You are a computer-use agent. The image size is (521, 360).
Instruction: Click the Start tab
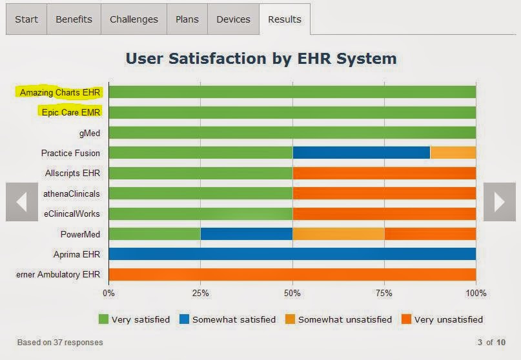26,19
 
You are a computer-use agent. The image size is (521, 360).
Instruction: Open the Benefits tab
74,19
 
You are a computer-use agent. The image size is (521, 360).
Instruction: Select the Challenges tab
134,19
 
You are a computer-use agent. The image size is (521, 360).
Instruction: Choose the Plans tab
187,19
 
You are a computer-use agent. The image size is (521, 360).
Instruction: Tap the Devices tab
233,19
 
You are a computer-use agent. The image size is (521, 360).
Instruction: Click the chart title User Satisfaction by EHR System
261,59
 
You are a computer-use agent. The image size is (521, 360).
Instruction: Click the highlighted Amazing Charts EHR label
60,92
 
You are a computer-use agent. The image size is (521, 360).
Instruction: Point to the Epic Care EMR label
68,113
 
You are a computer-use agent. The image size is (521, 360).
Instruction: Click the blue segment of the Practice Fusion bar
361,153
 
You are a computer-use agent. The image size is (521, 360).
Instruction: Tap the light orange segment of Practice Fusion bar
453,153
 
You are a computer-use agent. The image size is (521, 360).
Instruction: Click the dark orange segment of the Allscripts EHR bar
384,173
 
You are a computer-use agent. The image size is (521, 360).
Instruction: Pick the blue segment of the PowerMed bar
246,234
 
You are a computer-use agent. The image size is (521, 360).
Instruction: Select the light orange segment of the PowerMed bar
338,234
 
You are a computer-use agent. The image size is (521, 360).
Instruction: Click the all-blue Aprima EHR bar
292,254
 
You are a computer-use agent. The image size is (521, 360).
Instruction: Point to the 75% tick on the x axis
384,293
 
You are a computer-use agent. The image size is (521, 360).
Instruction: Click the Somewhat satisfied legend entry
227,319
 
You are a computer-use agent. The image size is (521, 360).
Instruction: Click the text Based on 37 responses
60,342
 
